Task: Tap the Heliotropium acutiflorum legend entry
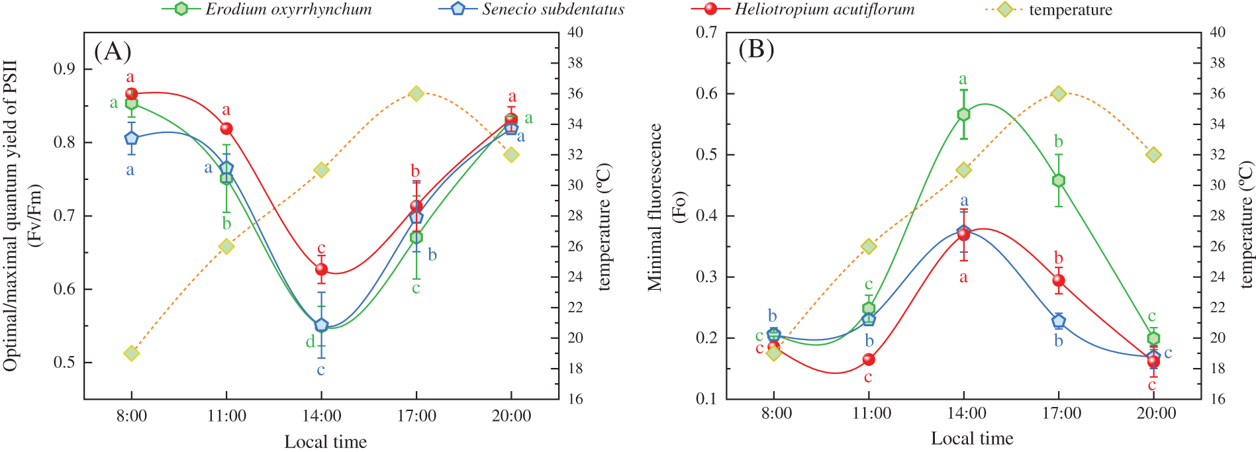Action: coord(802,9)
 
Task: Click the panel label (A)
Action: coord(113,51)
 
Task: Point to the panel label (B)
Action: coord(756,50)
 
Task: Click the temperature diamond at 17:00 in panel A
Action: coord(416,93)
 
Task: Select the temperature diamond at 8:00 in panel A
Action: coord(131,353)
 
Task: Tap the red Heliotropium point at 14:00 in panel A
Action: coord(321,269)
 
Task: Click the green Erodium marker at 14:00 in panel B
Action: coord(963,114)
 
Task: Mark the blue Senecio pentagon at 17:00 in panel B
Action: coord(1058,321)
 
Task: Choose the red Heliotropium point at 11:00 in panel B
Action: coord(868,359)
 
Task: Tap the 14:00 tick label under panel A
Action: coord(322,416)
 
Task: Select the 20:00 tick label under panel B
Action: coord(1156,414)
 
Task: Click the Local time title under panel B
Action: coord(971,438)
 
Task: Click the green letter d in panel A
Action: coord(309,342)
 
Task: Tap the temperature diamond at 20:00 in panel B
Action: coord(1153,155)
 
